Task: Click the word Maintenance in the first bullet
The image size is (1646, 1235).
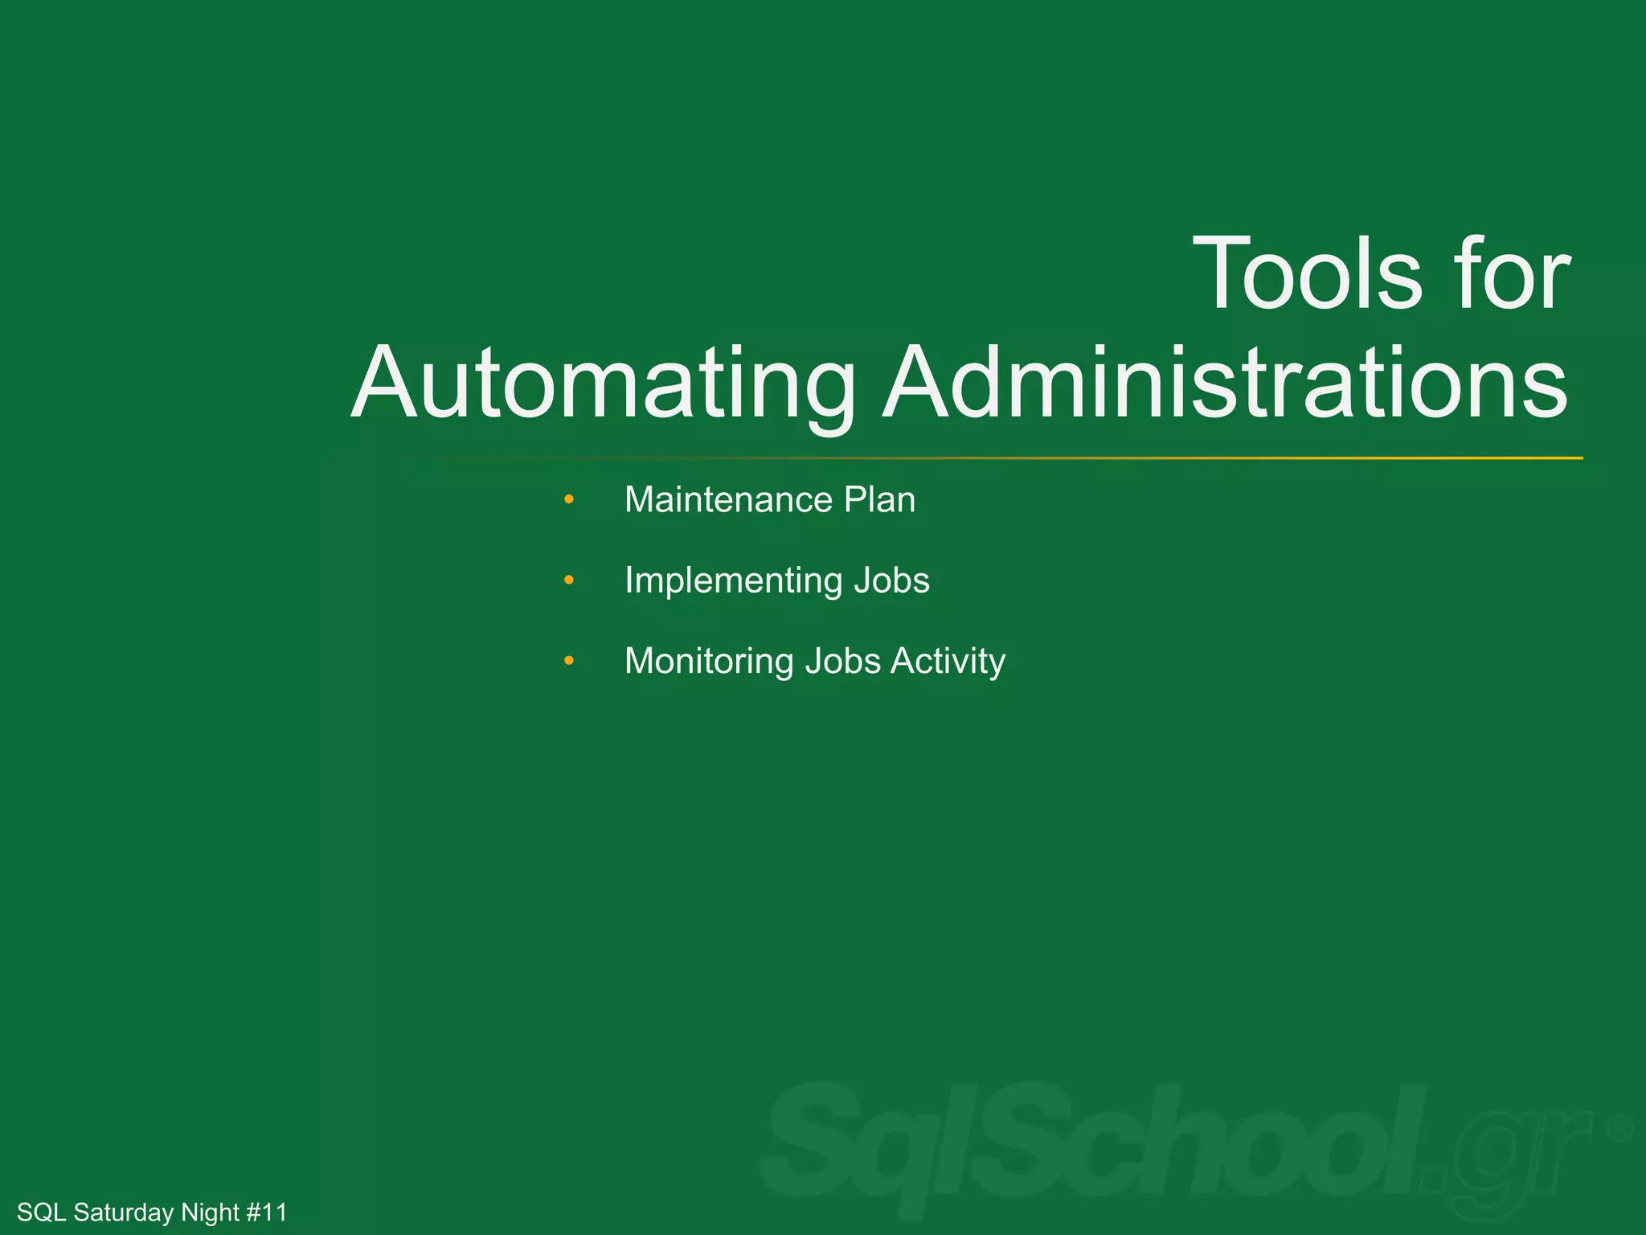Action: click(728, 500)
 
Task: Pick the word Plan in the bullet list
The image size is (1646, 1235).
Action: click(879, 500)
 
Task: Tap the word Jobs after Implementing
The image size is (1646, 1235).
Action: click(891, 581)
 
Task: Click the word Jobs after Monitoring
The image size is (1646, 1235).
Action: click(843, 662)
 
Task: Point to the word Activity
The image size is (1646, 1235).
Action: click(948, 662)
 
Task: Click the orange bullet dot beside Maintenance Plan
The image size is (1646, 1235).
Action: click(569, 500)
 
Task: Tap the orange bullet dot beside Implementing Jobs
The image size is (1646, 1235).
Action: click(569, 580)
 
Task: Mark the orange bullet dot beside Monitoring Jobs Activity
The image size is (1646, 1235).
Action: click(569, 661)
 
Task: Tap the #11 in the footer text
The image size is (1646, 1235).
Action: click(266, 1212)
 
